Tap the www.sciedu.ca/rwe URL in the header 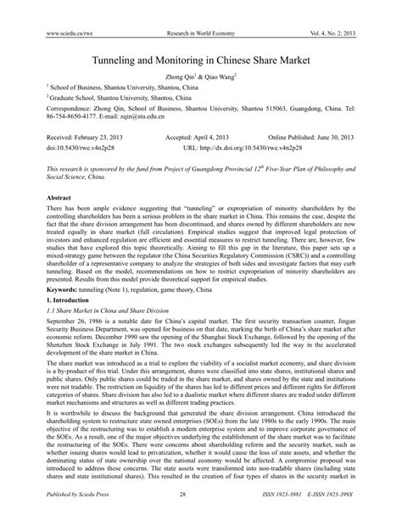(x=57, y=9)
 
